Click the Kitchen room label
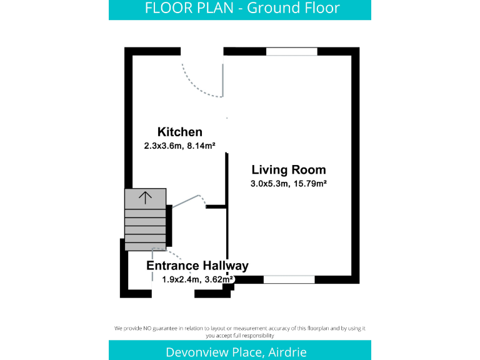[180, 132]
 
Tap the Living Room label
[288, 169]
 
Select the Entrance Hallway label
[197, 266]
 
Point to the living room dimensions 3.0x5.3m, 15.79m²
[289, 184]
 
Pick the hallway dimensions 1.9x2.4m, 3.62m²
[197, 279]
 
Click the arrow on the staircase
[145, 198]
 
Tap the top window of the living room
[292, 52]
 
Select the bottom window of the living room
[289, 279]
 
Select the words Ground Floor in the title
[294, 8]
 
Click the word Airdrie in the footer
[287, 352]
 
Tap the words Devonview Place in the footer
[213, 352]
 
